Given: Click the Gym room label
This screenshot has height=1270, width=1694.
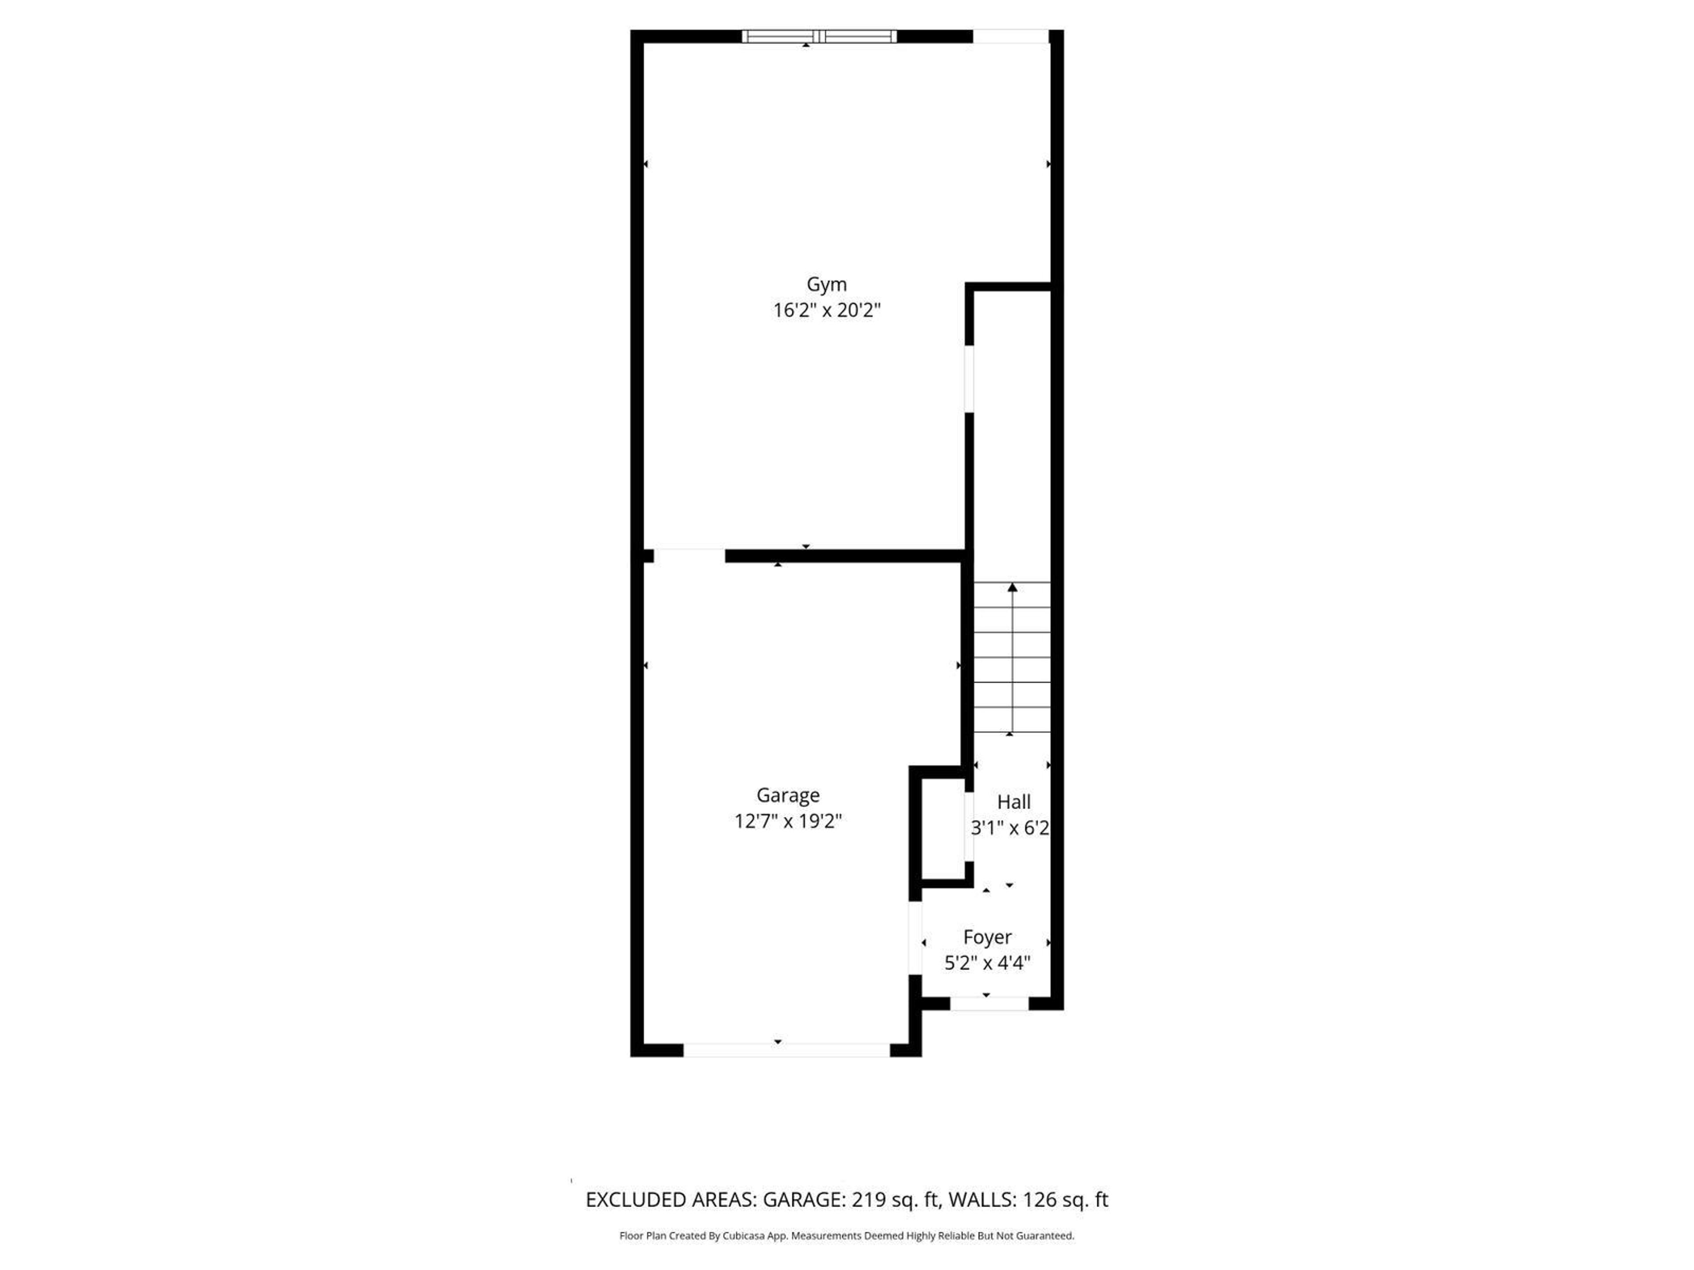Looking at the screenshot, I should (x=826, y=284).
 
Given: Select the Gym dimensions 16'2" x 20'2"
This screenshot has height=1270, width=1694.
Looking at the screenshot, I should (x=826, y=310).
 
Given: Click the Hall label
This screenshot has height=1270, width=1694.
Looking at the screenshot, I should (x=1013, y=802).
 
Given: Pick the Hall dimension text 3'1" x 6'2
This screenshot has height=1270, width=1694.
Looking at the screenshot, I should (x=1009, y=828).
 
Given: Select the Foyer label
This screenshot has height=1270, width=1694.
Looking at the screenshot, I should (x=987, y=937).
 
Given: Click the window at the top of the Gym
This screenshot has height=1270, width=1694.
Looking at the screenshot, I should (x=819, y=36).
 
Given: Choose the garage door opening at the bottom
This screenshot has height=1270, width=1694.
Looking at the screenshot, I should (x=787, y=1050).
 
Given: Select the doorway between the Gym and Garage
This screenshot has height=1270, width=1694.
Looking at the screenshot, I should (x=689, y=555).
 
